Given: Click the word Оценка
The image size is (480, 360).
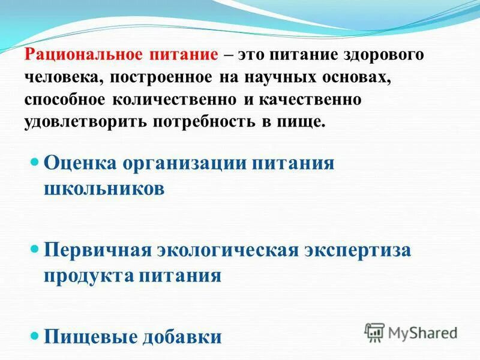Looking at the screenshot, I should point(80,163).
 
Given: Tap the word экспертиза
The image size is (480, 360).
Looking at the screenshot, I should point(359,250).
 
